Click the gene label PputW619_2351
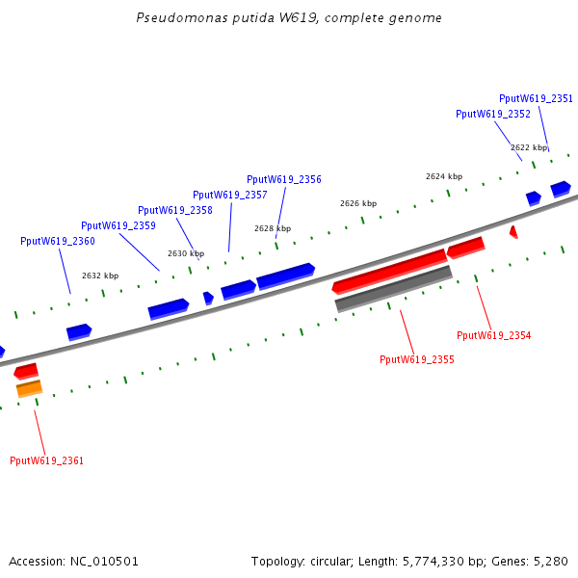[536, 98]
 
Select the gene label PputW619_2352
[492, 114]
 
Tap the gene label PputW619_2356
[283, 179]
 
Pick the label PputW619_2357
[229, 195]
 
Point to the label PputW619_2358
[174, 210]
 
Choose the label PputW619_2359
[118, 225]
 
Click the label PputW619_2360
[57, 241]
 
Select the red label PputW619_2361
[46, 460]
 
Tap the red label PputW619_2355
[416, 359]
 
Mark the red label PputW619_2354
[493, 335]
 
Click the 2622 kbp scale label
[528, 147]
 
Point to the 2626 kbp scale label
[357, 203]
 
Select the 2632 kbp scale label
[99, 276]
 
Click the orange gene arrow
[29, 388]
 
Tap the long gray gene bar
[393, 289]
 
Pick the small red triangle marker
[513, 231]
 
